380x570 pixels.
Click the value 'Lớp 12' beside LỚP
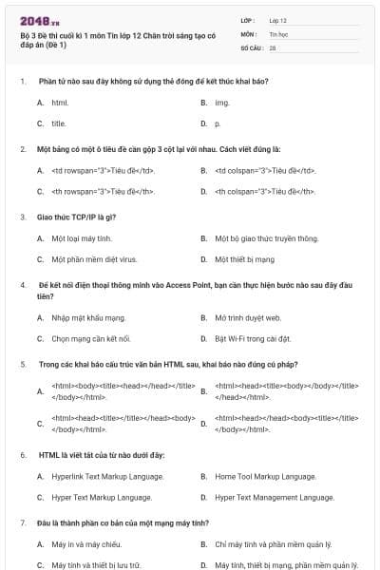(x=278, y=19)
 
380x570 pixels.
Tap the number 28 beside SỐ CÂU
(x=273, y=47)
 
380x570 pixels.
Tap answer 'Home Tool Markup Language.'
(x=265, y=476)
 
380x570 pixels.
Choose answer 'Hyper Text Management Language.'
(x=274, y=497)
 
